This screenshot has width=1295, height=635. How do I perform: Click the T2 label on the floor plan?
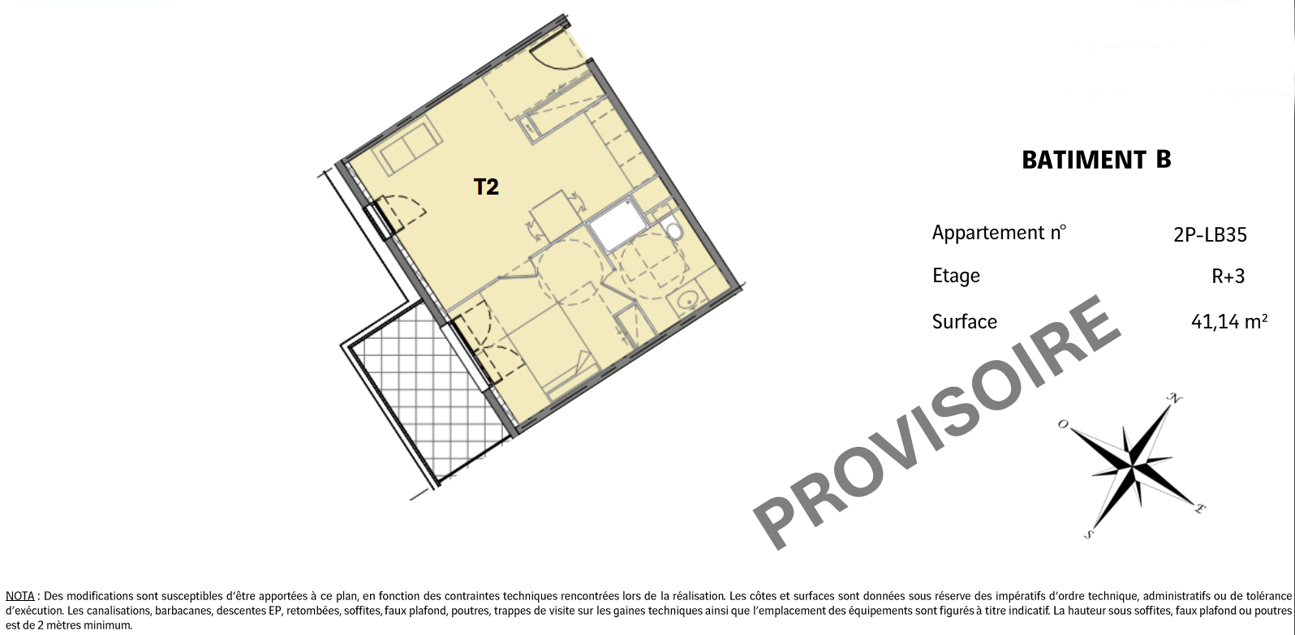485,187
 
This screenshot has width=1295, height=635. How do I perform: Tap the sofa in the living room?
407,145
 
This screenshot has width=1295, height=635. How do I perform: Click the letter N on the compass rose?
1175,397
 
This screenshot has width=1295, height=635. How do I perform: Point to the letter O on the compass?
1063,424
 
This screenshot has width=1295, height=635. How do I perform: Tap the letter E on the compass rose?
1199,509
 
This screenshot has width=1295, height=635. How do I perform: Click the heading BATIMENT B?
1096,160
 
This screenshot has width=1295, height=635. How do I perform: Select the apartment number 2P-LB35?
1210,234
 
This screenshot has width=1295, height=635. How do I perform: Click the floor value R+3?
1228,277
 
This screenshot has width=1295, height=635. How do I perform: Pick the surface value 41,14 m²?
1229,321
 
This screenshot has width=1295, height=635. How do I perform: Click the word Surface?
964,321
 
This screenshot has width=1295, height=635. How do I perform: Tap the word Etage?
956,276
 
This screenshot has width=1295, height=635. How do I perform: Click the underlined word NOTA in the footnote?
20,596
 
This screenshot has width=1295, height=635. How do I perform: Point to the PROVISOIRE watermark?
936,422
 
